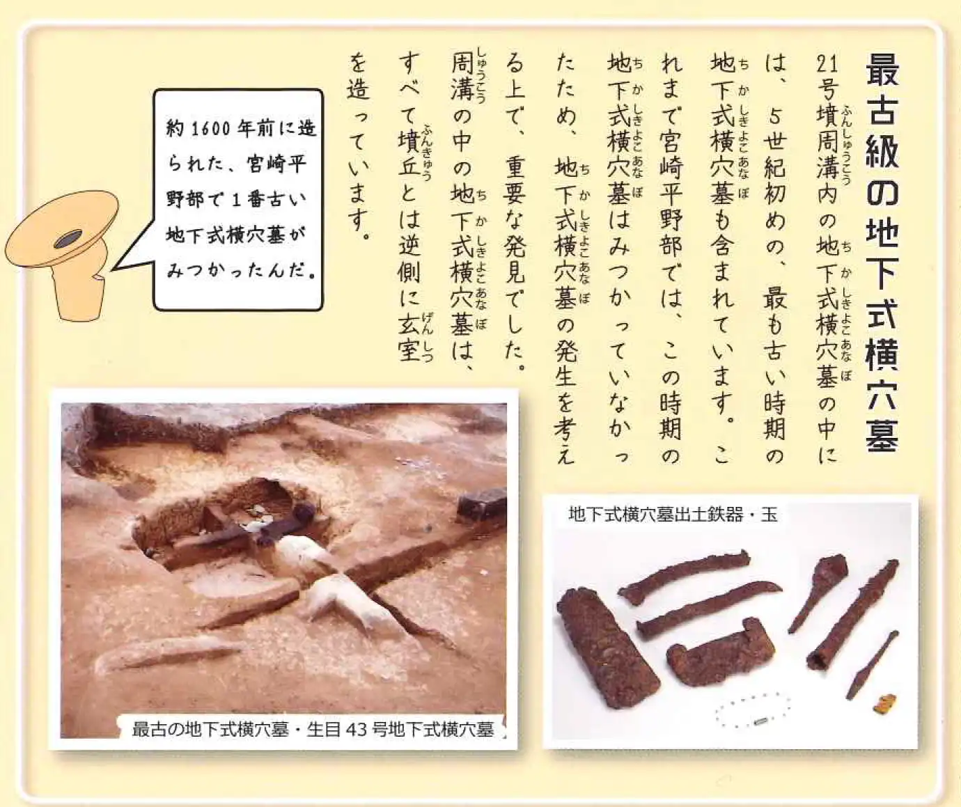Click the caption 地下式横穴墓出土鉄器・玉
[x=673, y=514]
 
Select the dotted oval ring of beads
[x=753, y=710]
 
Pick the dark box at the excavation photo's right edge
[x=481, y=505]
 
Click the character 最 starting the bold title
[x=882, y=70]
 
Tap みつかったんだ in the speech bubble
[x=237, y=272]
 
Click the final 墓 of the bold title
[x=882, y=435]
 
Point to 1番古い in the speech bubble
[x=269, y=201]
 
